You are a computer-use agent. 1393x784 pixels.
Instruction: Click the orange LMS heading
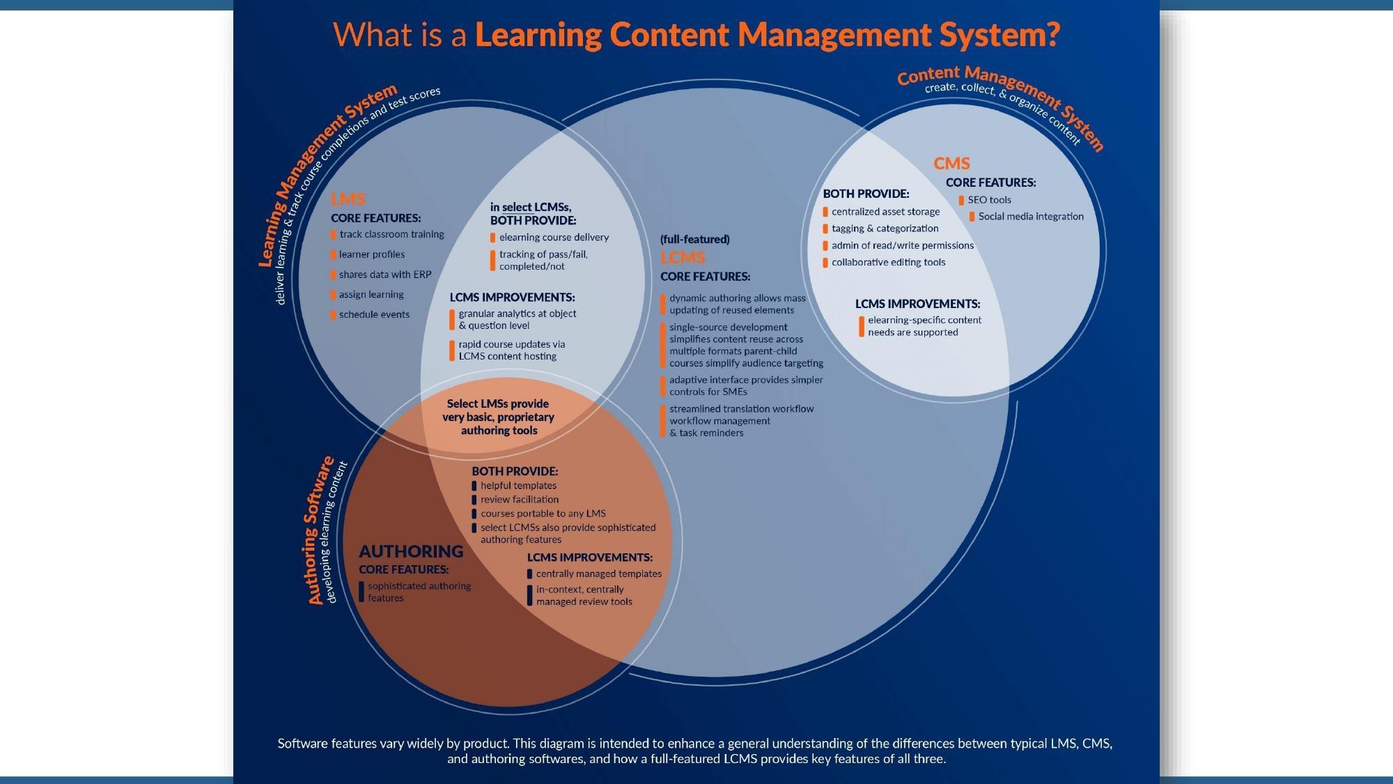[x=348, y=199]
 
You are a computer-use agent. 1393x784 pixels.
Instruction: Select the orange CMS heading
[x=951, y=164]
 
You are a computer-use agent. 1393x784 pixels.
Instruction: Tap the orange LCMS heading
[x=683, y=258]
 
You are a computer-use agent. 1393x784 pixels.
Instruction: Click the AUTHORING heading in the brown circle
[x=411, y=551]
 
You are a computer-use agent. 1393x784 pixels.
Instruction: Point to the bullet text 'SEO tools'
[x=989, y=200]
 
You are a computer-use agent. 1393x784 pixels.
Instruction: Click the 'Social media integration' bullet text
[x=1031, y=217]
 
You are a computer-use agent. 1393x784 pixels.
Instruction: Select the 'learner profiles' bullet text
[x=372, y=254]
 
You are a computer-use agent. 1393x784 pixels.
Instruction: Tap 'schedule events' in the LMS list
[x=374, y=314]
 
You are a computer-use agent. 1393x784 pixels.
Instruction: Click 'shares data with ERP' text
[x=385, y=275]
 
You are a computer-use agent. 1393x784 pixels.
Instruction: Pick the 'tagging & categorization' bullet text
[x=885, y=229]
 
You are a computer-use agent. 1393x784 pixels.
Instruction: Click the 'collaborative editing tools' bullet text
[x=888, y=263]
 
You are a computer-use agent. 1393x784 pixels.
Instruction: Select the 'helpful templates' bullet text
[x=518, y=486]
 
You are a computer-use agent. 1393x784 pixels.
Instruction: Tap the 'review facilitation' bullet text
[x=520, y=500]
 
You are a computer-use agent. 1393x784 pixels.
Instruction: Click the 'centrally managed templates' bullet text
[x=598, y=574]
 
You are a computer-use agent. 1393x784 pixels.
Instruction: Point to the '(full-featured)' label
[x=694, y=240]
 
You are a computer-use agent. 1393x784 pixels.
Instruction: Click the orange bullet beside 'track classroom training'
[x=334, y=235]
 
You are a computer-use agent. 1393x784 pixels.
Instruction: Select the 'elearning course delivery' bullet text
[x=554, y=238]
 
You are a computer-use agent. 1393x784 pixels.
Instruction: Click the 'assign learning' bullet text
[x=371, y=295]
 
